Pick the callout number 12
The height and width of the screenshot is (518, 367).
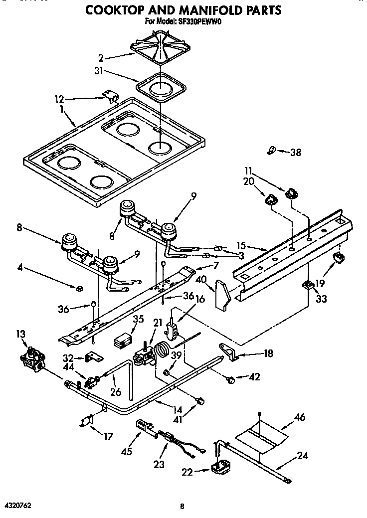[60, 99]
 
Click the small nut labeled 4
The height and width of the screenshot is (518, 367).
[79, 288]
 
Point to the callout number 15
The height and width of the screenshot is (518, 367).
[242, 245]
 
